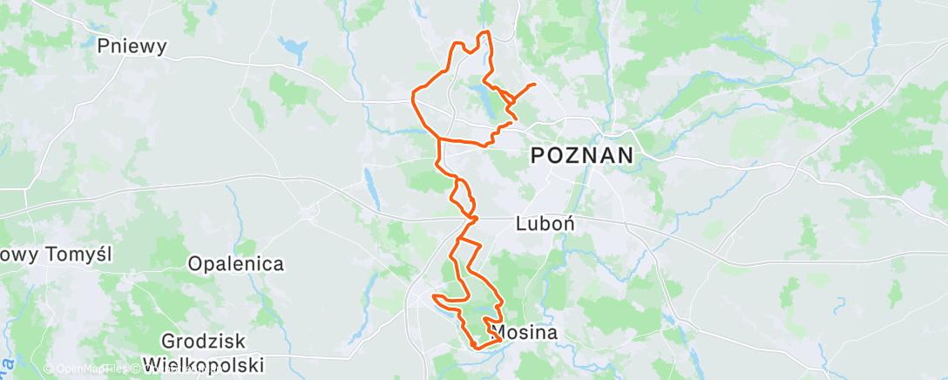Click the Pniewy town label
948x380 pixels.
tap(132, 46)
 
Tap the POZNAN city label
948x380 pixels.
tap(581, 157)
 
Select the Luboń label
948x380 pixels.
tap(545, 224)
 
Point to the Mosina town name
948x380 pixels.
tap(525, 332)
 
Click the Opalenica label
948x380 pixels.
tap(237, 263)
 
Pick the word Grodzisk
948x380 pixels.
tap(203, 341)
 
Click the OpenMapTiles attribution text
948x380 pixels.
tap(85, 370)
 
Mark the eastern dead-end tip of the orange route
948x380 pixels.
tap(533, 84)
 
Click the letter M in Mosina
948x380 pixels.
tap(499, 332)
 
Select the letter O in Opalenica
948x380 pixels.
tap(197, 263)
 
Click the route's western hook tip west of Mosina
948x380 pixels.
tap(433, 299)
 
